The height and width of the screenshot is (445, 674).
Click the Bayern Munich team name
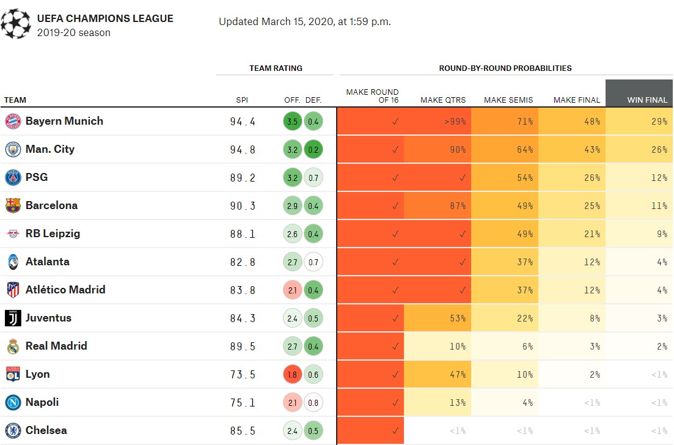[64, 121]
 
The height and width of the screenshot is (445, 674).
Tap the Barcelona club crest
[13, 205]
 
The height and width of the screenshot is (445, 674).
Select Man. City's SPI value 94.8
[243, 150]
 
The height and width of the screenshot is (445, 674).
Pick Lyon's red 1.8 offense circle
[292, 375]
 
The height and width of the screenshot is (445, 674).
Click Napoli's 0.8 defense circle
[313, 403]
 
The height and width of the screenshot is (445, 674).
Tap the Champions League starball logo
[15, 24]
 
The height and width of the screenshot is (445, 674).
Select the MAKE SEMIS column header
[508, 100]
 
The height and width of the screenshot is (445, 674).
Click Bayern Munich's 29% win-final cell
[639, 122]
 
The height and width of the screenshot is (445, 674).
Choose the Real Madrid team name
[56, 346]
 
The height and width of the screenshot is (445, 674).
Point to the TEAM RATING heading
[276, 68]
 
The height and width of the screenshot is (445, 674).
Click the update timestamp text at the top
[304, 22]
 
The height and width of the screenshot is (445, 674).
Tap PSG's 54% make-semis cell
[505, 178]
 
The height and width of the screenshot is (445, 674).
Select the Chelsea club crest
[13, 430]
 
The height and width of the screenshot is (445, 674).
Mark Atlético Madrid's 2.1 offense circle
[292, 290]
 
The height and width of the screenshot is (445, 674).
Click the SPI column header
[242, 100]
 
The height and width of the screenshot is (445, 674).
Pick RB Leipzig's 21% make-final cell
[572, 234]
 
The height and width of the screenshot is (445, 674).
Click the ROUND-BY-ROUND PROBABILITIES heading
[505, 68]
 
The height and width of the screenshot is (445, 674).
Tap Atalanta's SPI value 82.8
[243, 262]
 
